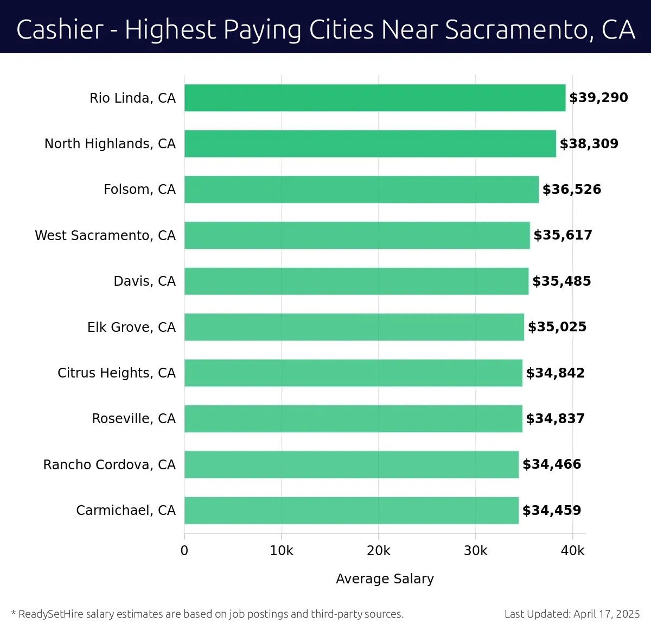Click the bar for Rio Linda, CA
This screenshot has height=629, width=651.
(374, 98)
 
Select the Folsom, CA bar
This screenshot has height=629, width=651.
(361, 190)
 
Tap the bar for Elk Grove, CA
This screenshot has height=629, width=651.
(354, 327)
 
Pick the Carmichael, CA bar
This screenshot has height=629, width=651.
(351, 511)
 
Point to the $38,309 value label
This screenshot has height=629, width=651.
(589, 144)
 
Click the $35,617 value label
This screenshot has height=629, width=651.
(563, 235)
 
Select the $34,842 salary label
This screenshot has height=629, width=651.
(555, 373)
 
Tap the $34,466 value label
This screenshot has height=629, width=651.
(551, 464)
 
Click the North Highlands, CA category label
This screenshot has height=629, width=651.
(110, 144)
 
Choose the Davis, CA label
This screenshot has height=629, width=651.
(144, 281)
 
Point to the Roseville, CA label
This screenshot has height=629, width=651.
(133, 419)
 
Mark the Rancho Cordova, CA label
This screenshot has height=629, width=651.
(110, 465)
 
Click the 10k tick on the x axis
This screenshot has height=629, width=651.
(281, 551)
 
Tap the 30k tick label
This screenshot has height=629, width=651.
(475, 551)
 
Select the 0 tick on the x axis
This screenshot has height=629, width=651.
(184, 551)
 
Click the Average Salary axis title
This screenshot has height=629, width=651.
(385, 579)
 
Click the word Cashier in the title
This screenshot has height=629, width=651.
(60, 29)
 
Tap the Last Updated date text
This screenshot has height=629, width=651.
(572, 614)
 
